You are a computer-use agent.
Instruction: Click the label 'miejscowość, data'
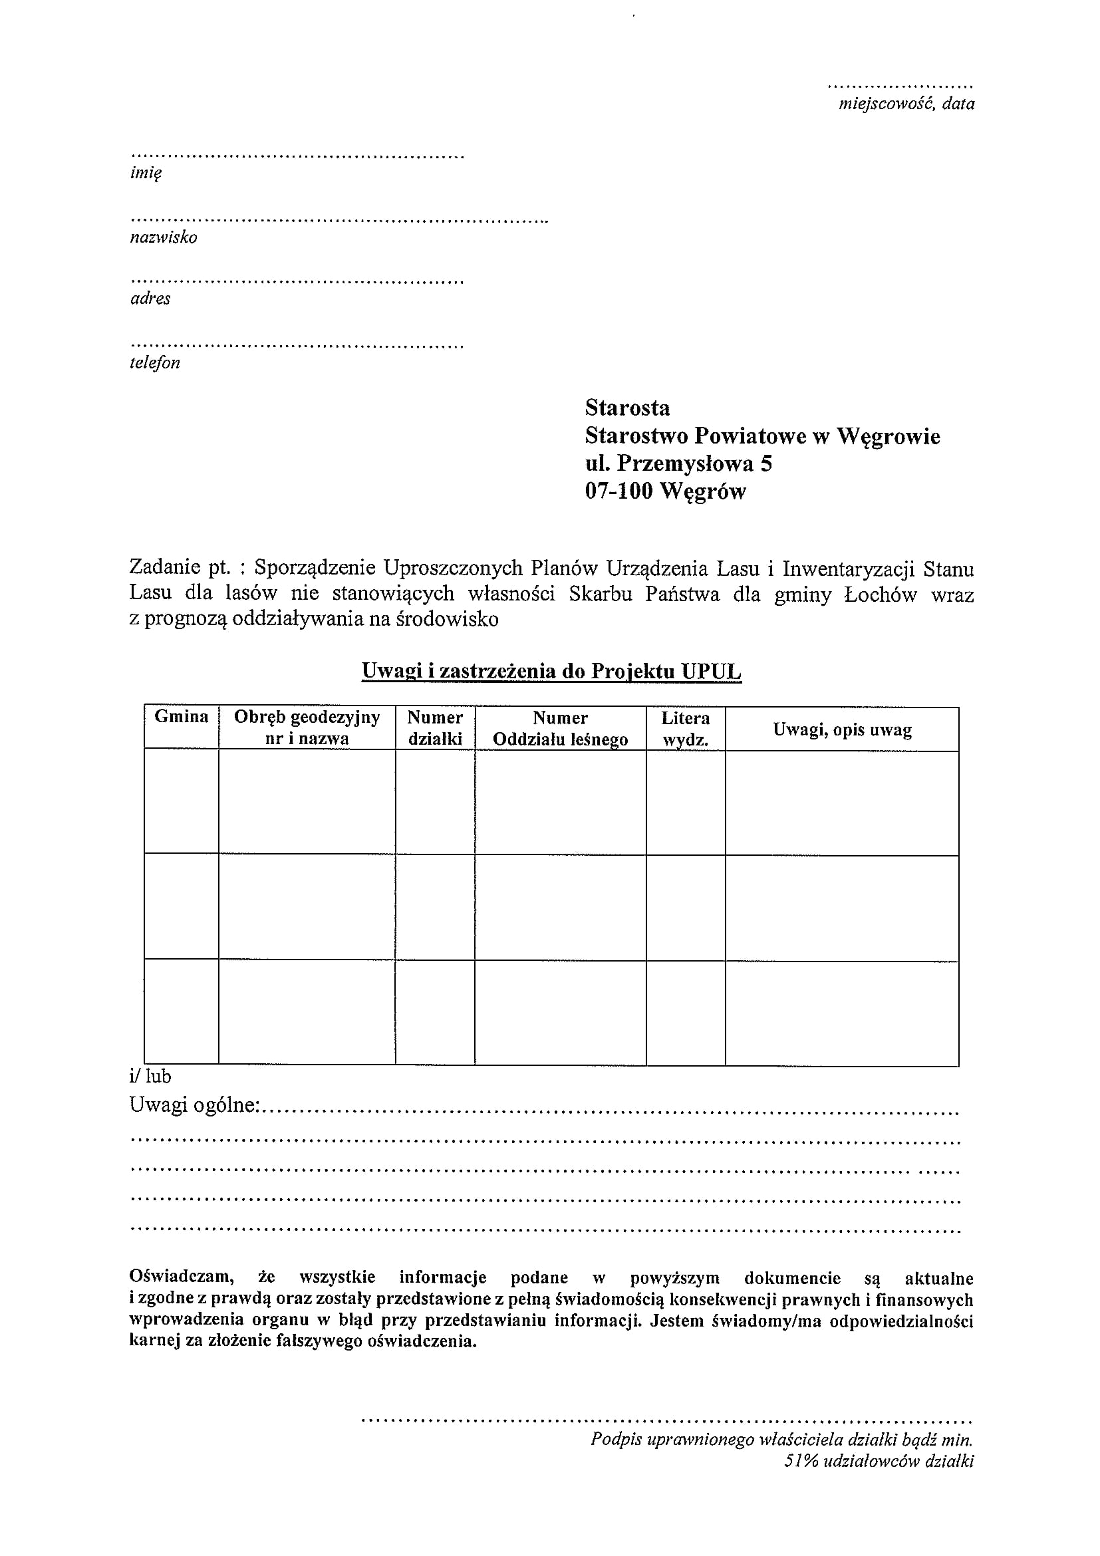pyautogui.click(x=906, y=104)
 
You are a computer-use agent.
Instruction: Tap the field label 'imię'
pyautogui.click(x=146, y=174)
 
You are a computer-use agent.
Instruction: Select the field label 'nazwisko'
pyautogui.click(x=164, y=237)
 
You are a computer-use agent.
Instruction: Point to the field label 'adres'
pyautogui.click(x=150, y=299)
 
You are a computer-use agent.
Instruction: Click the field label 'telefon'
pyautogui.click(x=154, y=362)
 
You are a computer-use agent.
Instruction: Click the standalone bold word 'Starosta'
pyautogui.click(x=627, y=408)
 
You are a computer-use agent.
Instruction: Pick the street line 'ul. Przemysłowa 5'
pyautogui.click(x=678, y=463)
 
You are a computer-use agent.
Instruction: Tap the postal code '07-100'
pyautogui.click(x=619, y=491)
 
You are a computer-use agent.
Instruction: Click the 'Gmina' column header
pyautogui.click(x=181, y=717)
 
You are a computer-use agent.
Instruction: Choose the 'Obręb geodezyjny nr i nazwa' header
pyautogui.click(x=307, y=728)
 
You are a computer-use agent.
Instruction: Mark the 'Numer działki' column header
pyautogui.click(x=434, y=728)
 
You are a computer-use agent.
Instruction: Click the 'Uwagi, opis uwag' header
pyautogui.click(x=842, y=730)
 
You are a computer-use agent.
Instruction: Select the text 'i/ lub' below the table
pyautogui.click(x=150, y=1076)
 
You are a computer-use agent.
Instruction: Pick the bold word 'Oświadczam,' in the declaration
pyautogui.click(x=182, y=1277)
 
